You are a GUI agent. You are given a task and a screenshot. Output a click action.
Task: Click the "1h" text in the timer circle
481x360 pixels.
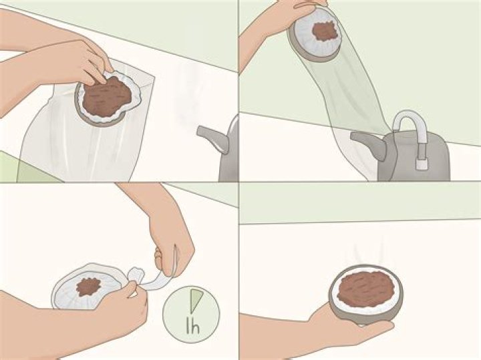coord(193,326)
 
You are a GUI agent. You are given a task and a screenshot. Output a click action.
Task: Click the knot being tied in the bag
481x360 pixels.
coord(136,275)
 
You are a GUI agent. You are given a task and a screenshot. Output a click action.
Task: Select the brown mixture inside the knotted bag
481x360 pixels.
coord(89,287)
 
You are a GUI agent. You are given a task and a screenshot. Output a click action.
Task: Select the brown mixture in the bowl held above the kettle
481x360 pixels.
coord(325,31)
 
